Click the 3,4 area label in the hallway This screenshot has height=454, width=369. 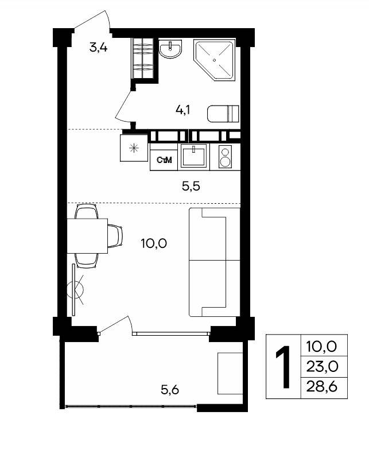point(98,47)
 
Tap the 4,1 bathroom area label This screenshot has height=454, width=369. point(183,110)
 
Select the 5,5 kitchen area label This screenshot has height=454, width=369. point(191,186)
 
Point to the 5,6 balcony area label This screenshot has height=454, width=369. point(170,390)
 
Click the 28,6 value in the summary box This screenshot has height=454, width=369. point(322,387)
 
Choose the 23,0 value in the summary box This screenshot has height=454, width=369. point(322,367)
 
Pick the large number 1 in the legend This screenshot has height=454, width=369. point(283,367)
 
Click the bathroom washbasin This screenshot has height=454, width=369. point(170,49)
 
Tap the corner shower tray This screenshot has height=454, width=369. point(215,60)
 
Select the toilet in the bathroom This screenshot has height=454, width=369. point(223,114)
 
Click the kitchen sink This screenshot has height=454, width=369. point(194,156)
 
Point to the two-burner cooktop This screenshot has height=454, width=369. point(225,156)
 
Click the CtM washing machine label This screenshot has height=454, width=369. point(164,160)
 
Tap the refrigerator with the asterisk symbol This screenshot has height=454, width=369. point(134,148)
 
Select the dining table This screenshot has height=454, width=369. point(87,236)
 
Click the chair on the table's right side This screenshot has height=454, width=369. point(115,236)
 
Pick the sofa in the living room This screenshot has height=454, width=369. point(215,262)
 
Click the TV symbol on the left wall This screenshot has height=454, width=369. point(76,289)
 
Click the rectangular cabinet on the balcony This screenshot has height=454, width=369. point(230,374)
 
